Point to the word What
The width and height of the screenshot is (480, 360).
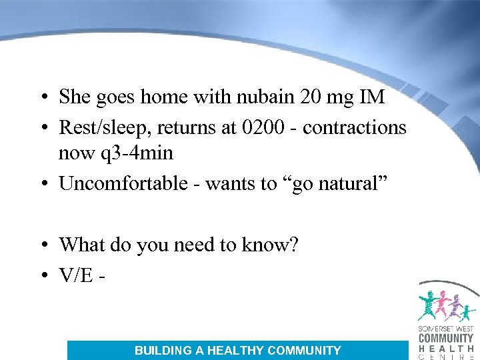82,245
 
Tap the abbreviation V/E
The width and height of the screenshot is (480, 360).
76,275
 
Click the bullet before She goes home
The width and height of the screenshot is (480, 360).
42,98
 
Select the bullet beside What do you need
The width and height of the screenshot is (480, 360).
42,245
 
